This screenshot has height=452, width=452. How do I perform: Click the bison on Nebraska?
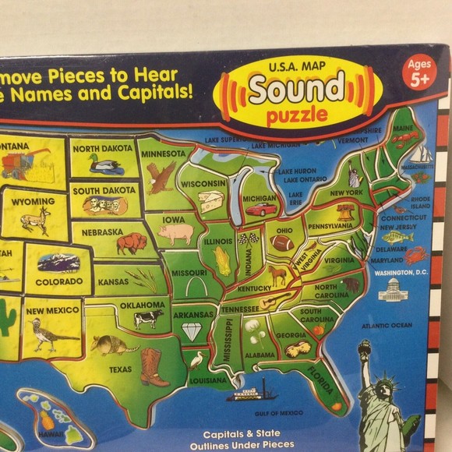[x=132, y=244]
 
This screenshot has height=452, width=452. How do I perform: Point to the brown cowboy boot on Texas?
[x=154, y=366]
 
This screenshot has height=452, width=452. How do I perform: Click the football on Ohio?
[x=282, y=243]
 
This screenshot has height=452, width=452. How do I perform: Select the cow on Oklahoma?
[x=147, y=318]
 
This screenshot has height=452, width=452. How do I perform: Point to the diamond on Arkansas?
[x=191, y=331]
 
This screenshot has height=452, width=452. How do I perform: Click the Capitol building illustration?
[x=393, y=291]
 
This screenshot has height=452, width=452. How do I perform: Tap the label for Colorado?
[x=58, y=281]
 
